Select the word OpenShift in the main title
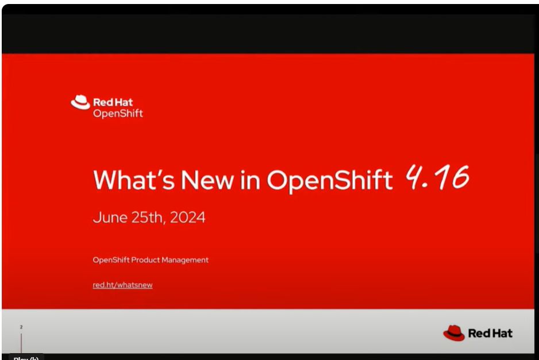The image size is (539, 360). tap(329, 180)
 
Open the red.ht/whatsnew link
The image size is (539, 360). tap(122, 285)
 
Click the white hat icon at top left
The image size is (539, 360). tap(80, 102)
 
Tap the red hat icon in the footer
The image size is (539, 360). tap(453, 332)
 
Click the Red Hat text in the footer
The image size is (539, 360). tap(490, 333)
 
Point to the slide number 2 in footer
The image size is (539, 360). tap(21, 327)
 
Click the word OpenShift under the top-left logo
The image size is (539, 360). tap(118, 113)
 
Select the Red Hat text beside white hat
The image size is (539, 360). tap(113, 103)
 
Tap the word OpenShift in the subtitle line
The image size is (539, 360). tap(111, 260)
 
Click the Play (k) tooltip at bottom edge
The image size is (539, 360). tap(26, 358)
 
